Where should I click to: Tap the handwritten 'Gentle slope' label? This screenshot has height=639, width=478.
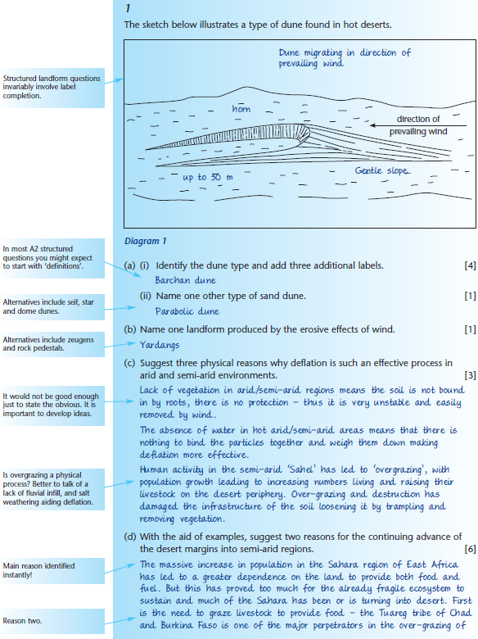[382, 170]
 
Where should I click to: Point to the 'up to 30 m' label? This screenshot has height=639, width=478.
[207, 177]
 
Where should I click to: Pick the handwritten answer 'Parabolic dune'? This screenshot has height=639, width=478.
[187, 311]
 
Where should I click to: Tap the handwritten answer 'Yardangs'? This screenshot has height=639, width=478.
[159, 344]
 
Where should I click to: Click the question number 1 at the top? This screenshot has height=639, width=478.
[128, 7]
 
